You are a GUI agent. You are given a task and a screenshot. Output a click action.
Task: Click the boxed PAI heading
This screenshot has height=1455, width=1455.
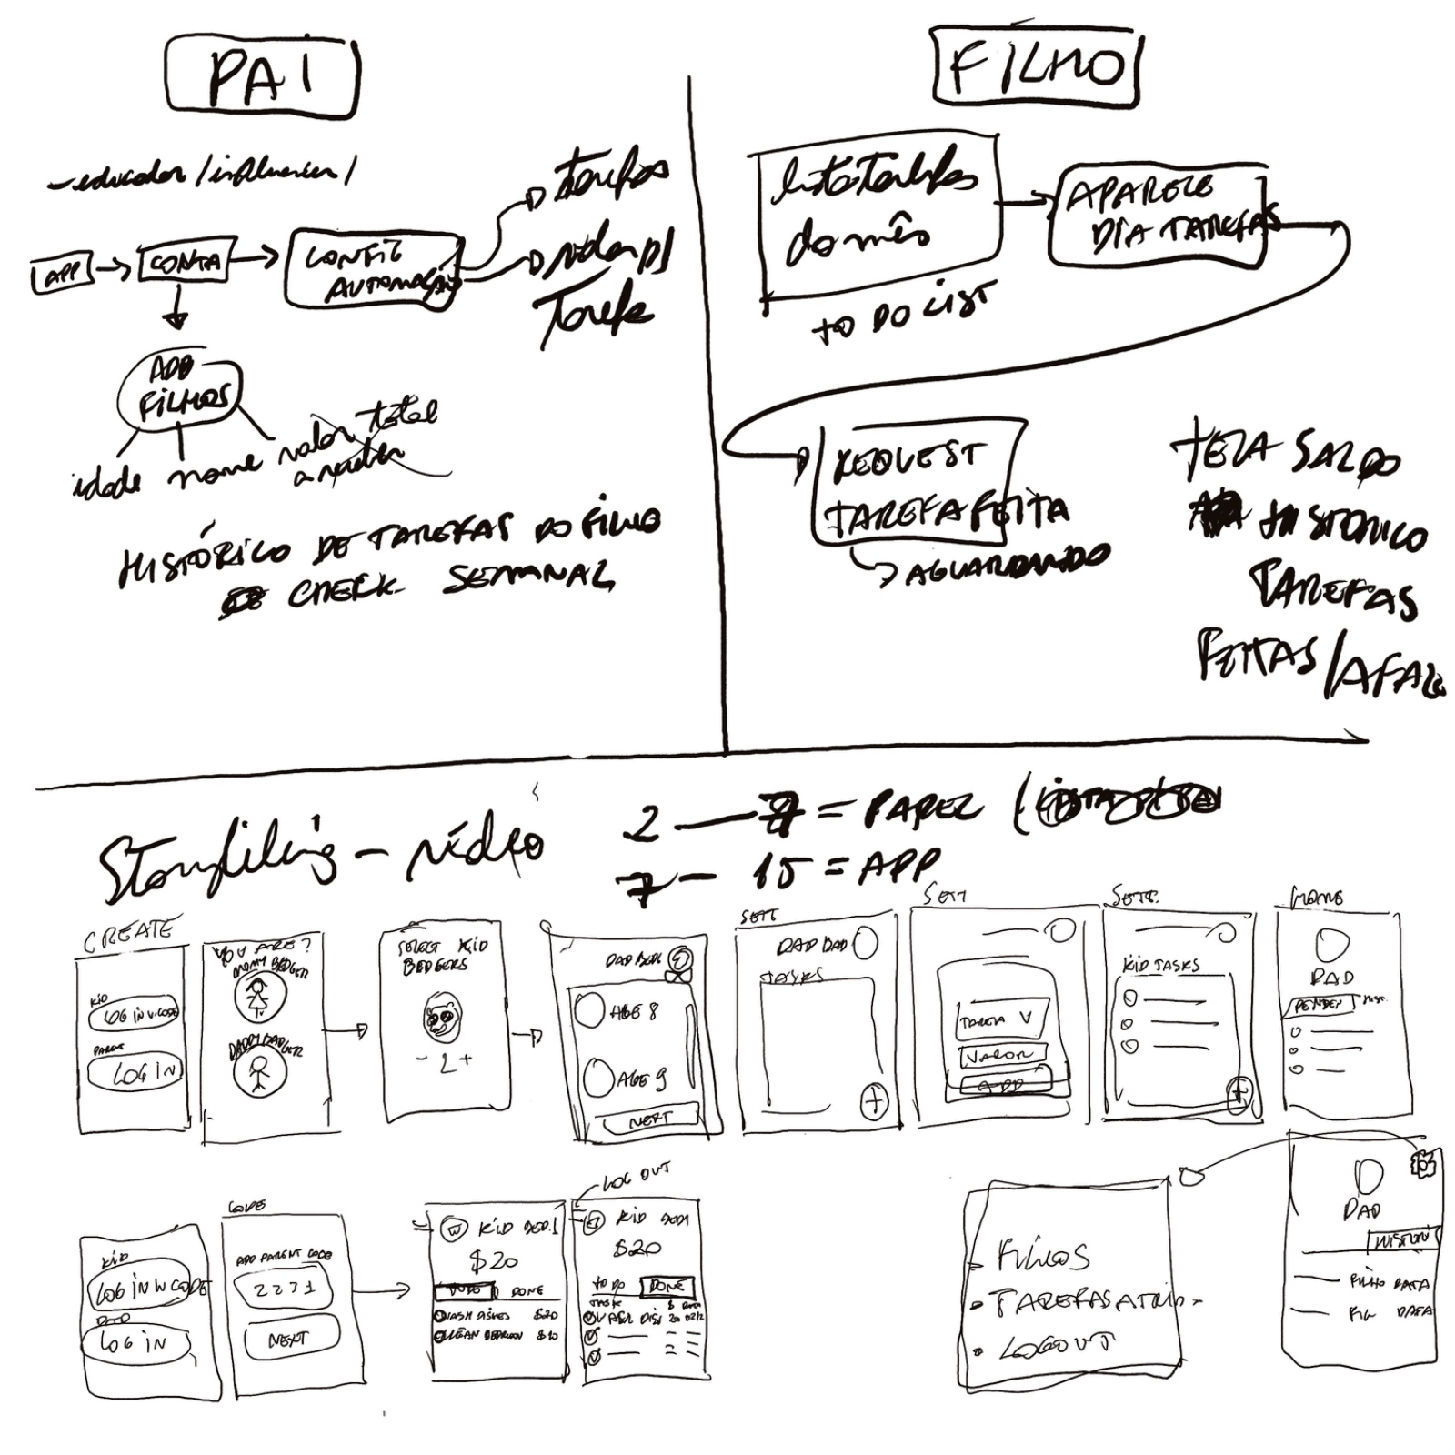click(261, 78)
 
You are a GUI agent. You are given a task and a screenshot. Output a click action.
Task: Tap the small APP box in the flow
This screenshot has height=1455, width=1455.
click(62, 274)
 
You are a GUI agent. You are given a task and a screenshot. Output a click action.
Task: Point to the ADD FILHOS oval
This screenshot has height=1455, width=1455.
click(179, 392)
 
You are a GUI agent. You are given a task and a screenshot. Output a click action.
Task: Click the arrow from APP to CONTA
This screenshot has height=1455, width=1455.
click(114, 268)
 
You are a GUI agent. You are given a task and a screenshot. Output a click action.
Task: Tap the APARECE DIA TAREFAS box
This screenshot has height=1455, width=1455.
click(1157, 216)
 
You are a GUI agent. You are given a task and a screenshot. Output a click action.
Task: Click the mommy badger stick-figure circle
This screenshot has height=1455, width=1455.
click(260, 996)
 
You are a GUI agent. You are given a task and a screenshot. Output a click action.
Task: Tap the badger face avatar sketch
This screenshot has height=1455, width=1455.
click(443, 1017)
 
